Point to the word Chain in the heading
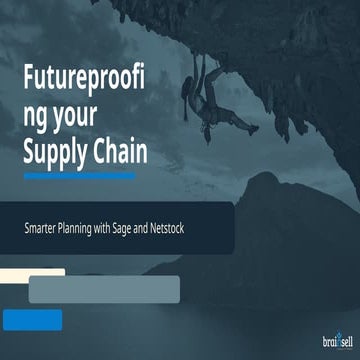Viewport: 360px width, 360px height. point(122,152)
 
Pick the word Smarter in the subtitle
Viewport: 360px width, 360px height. point(42,229)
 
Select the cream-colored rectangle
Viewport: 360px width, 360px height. point(32,272)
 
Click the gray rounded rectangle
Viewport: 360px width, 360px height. point(104,289)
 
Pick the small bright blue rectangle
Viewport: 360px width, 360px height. point(32,320)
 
